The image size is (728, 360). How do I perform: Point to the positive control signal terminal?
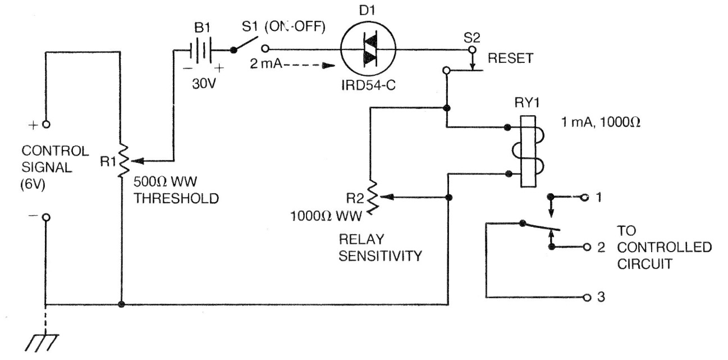[46, 124]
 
